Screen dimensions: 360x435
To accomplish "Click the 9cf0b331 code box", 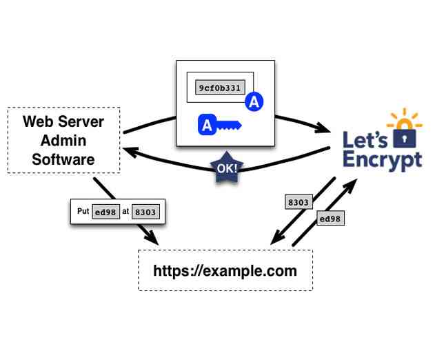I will point(219,89).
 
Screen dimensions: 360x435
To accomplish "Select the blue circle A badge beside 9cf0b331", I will point(254,102).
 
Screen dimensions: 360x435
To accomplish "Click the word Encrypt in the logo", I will point(383,161).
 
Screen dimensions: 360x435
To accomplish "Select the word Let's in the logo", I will point(365,140).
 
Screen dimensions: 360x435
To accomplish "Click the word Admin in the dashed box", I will point(63,141).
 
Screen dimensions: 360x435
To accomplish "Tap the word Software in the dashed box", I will point(63,159).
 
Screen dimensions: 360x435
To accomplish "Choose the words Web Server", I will point(63,122).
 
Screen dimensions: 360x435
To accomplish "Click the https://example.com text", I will point(225,270).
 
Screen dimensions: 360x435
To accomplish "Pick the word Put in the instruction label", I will point(84,212).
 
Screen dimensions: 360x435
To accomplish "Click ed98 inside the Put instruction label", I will point(105,212).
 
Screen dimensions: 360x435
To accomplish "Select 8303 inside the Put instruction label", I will point(145,212).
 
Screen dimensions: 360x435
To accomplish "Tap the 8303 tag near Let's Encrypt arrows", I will point(299,203).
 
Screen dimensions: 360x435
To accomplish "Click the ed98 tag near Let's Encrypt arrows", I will point(329,219).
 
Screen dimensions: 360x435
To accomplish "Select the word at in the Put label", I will point(125,212).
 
